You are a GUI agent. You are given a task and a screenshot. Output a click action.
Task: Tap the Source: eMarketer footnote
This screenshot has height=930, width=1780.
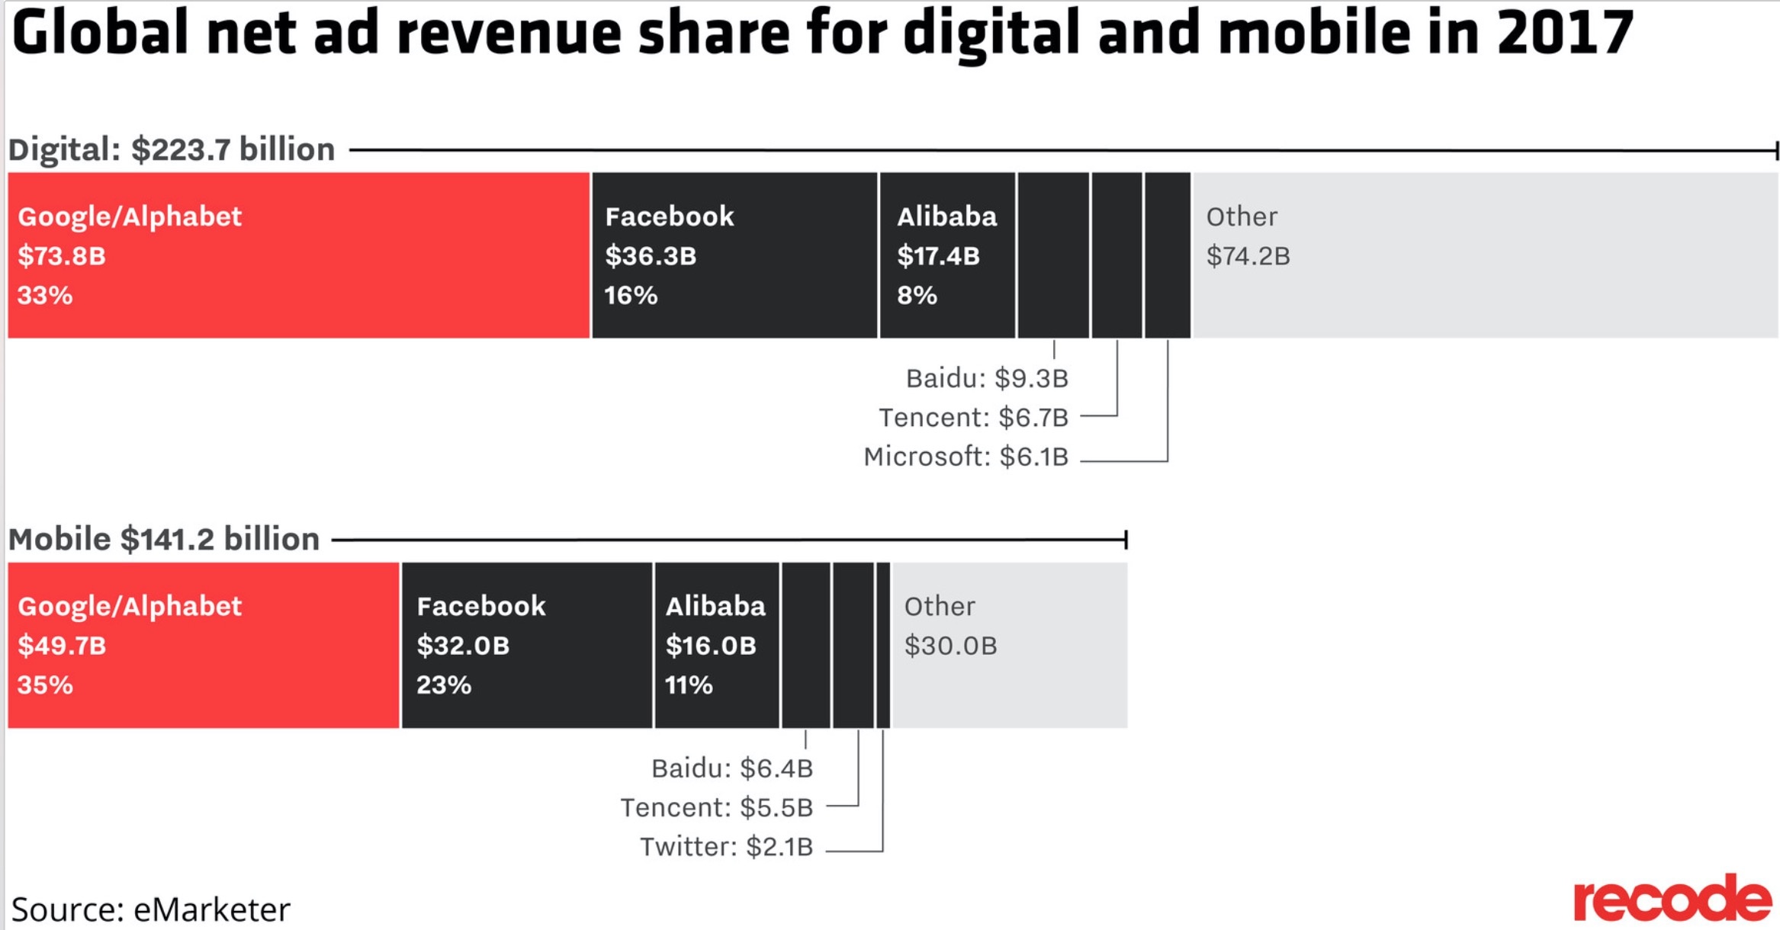pyautogui.click(x=151, y=909)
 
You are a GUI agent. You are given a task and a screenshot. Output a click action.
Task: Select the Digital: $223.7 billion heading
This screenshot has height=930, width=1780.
pyautogui.click(x=172, y=149)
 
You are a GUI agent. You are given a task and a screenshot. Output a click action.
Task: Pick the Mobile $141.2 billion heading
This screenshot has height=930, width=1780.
pyautogui.click(x=164, y=539)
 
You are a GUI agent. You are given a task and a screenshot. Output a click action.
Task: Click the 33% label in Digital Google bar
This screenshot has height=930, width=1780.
pyautogui.click(x=45, y=295)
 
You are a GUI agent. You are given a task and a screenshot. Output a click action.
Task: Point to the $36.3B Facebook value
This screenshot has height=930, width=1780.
pyautogui.click(x=651, y=256)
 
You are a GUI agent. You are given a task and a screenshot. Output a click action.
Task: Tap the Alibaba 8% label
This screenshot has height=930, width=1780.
pyautogui.click(x=917, y=295)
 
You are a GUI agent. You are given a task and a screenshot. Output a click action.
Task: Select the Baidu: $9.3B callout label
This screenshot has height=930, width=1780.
pyautogui.click(x=987, y=378)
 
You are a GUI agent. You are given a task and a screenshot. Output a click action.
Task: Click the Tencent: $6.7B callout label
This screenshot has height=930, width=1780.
pyautogui.click(x=973, y=418)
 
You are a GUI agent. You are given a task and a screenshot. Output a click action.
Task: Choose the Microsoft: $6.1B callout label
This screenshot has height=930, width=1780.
pyautogui.click(x=966, y=457)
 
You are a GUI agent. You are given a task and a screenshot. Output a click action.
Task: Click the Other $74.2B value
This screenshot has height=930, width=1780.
pyautogui.click(x=1248, y=256)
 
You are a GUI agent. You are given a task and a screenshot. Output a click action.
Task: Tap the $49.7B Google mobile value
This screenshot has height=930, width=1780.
pyautogui.click(x=62, y=646)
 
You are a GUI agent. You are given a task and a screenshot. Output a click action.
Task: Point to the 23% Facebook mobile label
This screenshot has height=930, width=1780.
pyautogui.click(x=444, y=685)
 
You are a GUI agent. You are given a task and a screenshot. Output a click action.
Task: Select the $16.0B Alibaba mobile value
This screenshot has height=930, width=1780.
pyautogui.click(x=711, y=646)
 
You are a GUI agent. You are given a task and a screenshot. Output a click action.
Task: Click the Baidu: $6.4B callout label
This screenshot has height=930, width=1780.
pyautogui.click(x=732, y=768)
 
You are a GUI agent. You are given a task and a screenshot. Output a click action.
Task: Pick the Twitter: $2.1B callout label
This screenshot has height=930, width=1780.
pyautogui.click(x=726, y=847)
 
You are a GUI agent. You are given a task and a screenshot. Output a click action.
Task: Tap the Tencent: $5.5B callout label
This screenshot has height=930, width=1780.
pyautogui.click(x=717, y=807)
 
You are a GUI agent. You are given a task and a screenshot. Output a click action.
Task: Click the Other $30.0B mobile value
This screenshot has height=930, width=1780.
pyautogui.click(x=950, y=646)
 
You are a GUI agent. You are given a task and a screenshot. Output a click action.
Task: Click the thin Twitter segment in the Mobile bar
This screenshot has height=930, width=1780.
pyautogui.click(x=883, y=645)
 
